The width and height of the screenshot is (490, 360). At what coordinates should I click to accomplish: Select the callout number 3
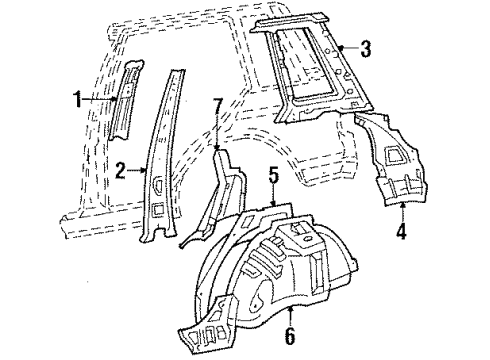(366, 48)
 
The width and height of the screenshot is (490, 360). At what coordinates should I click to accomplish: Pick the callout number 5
(272, 176)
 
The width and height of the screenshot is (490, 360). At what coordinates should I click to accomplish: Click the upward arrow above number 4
(402, 214)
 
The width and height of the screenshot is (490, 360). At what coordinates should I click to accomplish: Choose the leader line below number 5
(272, 196)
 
